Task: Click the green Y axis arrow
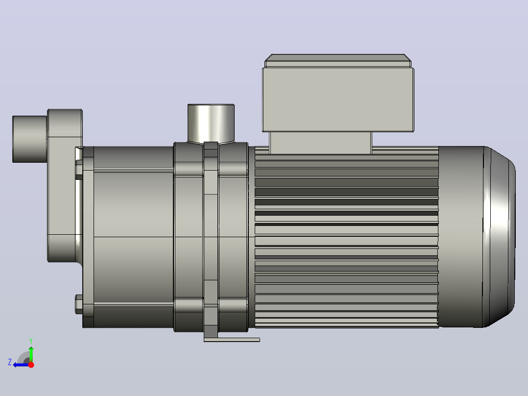31,353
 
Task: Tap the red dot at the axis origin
31,365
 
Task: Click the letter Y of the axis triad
31,341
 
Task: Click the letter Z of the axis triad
10,362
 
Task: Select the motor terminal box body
338,100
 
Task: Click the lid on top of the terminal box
338,61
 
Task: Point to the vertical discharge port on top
211,124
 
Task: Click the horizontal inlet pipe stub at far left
29,139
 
